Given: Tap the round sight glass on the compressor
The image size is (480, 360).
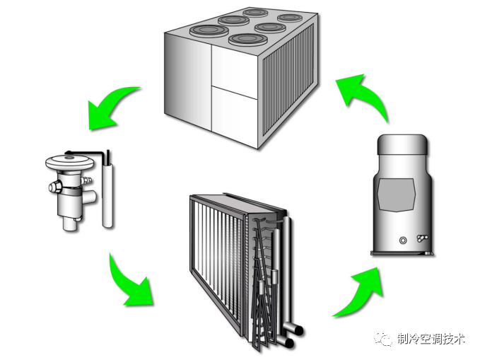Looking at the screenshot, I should pos(404,240).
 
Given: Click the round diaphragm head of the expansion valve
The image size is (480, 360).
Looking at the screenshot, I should pos(70,161).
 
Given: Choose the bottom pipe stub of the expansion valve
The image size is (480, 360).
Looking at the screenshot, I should pos(69,226).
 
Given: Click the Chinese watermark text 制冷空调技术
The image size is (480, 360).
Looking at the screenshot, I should pos(431,339).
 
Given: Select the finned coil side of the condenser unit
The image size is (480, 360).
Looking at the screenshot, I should pos(290,92).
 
